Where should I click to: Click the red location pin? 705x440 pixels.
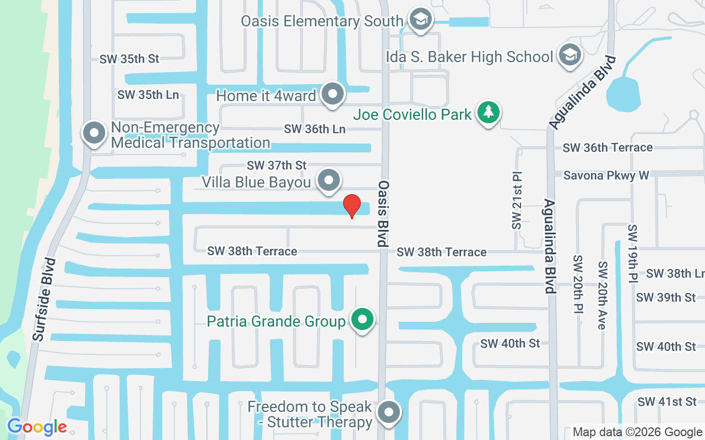click(352, 206)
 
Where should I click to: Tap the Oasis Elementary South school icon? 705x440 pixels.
click(421, 20)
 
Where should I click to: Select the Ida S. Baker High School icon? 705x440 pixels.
click(570, 56)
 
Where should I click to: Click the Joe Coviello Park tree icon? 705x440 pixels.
click(488, 113)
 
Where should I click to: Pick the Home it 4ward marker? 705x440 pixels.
click(332, 94)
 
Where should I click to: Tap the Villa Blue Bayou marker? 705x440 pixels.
click(329, 180)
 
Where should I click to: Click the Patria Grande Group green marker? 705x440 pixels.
click(362, 320)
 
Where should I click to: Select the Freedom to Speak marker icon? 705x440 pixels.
click(389, 412)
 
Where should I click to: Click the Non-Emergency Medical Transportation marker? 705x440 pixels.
click(94, 134)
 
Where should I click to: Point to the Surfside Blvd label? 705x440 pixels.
click(45, 299)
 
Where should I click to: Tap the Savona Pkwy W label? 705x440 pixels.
click(606, 175)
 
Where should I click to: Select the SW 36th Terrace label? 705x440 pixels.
click(608, 147)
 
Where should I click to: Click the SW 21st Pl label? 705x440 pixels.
click(517, 202)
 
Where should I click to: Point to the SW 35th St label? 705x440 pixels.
click(129, 59)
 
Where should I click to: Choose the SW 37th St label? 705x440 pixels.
click(276, 165)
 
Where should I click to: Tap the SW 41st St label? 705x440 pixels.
click(666, 402)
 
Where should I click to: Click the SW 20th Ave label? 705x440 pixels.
click(603, 295)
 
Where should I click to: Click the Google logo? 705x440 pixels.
click(37, 427)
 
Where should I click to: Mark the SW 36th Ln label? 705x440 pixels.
click(314, 129)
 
